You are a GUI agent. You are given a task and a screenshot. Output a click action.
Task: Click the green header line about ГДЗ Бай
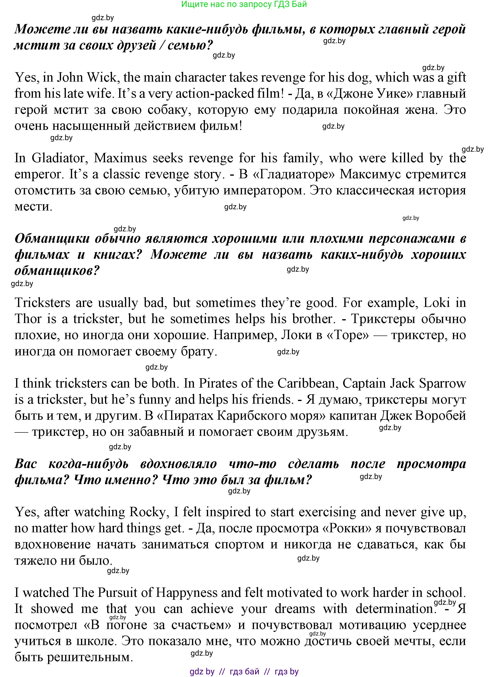pyautogui.click(x=244, y=5)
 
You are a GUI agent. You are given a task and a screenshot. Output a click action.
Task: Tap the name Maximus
pyautogui.click(x=120, y=158)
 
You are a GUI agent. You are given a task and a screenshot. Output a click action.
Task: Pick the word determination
pyautogui.click(x=394, y=609)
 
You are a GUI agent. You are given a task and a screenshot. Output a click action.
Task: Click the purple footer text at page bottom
pyautogui.click(x=244, y=672)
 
